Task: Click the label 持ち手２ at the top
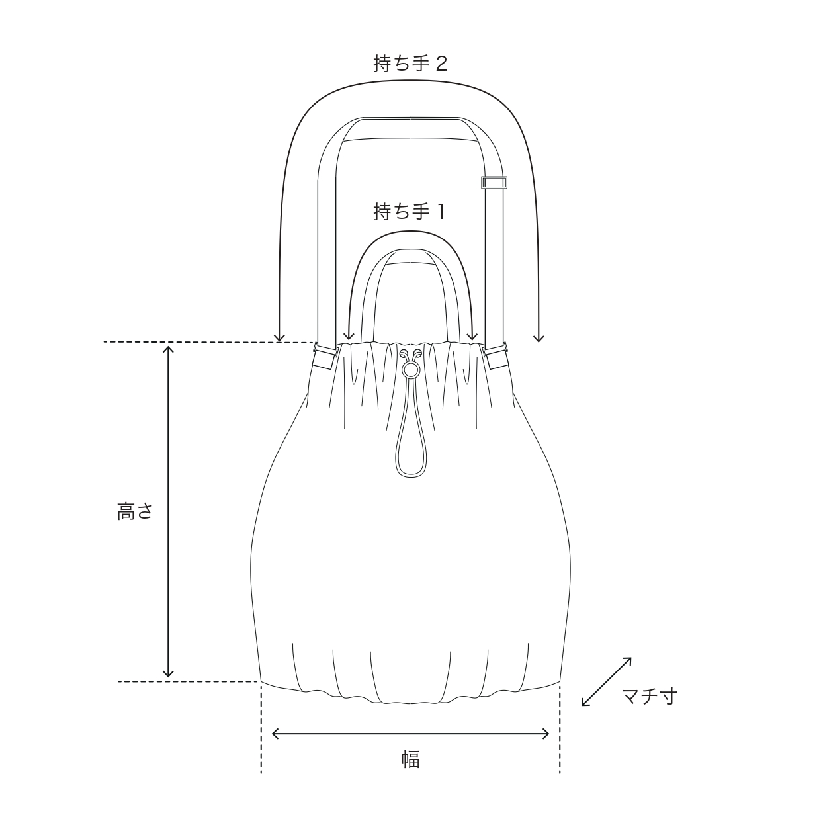tap(410, 64)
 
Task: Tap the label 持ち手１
tap(410, 211)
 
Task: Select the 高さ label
tap(135, 511)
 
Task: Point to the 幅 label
tap(410, 759)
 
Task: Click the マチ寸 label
tap(649, 696)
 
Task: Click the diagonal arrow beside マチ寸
tap(606, 681)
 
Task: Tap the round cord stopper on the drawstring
tap(411, 370)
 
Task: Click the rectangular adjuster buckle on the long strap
tap(494, 183)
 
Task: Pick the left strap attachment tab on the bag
tap(325, 356)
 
